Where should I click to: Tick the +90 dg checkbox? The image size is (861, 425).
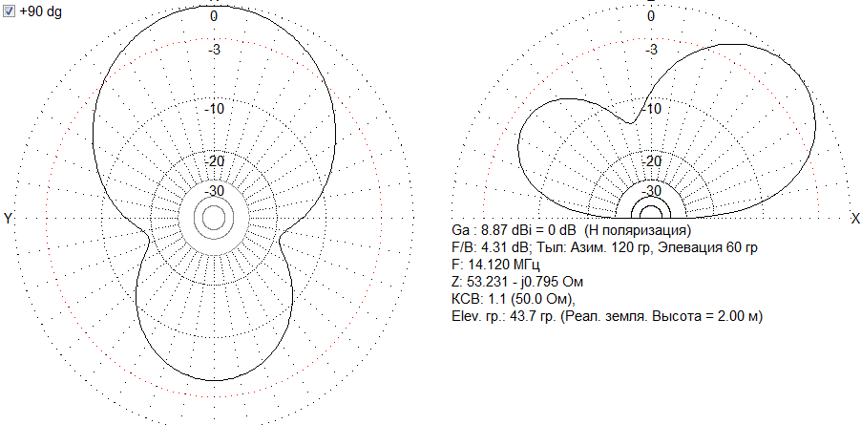tap(9, 12)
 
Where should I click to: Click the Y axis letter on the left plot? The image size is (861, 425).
tap(8, 219)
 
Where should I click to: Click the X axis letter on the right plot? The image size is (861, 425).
tap(855, 219)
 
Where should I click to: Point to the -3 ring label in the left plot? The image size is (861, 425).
tap(214, 50)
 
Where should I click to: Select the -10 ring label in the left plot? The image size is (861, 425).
tap(214, 109)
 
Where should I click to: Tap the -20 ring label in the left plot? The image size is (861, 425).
tap(214, 162)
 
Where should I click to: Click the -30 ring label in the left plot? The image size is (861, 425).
tap(214, 191)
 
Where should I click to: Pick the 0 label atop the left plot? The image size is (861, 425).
tap(214, 16)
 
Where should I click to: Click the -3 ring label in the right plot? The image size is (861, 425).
tap(651, 50)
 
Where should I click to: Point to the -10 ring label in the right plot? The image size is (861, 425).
tap(651, 109)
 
